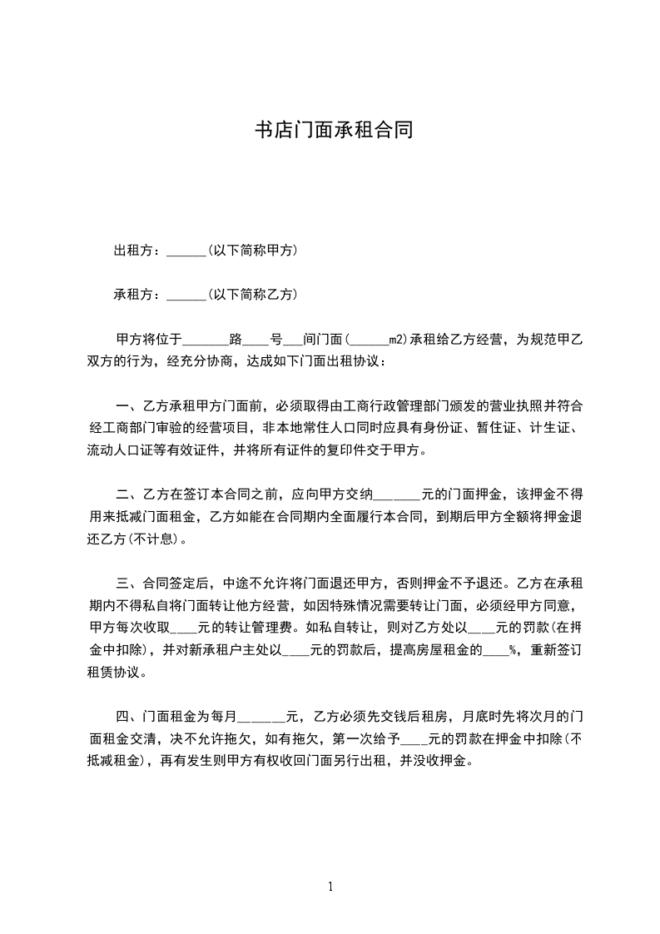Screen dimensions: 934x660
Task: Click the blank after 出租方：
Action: point(186,251)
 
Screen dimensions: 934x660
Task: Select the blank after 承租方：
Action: point(186,296)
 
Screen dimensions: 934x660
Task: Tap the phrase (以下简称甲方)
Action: point(253,251)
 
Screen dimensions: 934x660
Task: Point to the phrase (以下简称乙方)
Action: point(253,295)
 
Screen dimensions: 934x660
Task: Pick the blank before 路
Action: point(205,340)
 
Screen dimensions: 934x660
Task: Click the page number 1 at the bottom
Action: point(330,886)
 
